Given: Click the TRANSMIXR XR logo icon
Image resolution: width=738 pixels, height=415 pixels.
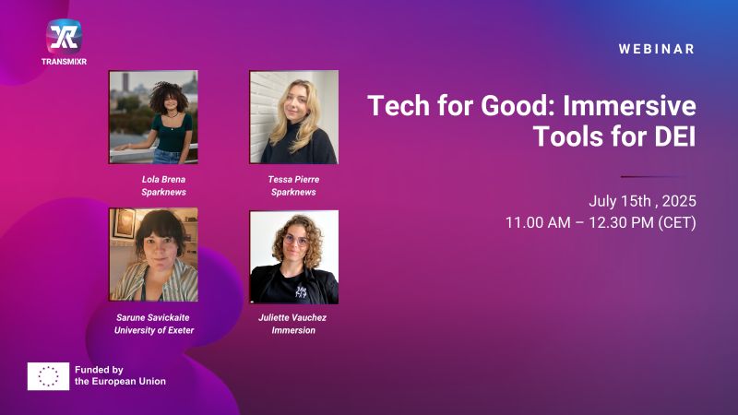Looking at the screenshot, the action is click(x=64, y=36).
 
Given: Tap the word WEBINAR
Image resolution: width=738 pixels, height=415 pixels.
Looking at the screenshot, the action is click(x=657, y=49).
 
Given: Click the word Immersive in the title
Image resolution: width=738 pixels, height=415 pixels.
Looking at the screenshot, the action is click(x=629, y=106).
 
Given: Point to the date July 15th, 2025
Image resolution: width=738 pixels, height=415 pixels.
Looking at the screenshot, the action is click(x=642, y=201).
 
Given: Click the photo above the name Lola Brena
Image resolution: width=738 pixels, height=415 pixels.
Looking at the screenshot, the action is click(x=153, y=117).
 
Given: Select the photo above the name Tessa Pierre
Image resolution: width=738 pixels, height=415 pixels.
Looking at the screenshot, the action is click(x=293, y=117).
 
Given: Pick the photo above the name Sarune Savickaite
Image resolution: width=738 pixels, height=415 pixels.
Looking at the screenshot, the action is click(x=153, y=255).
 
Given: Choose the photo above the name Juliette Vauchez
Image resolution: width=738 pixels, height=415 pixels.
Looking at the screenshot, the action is click(x=293, y=257).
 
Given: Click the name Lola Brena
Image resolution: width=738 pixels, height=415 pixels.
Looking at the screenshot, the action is click(x=164, y=179).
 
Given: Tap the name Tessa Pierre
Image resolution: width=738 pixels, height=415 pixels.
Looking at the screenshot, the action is click(x=293, y=179).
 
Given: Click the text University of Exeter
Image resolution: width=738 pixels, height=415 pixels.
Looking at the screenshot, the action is click(x=154, y=330).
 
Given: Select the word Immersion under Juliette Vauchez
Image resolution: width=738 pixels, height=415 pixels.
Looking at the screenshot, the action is click(x=293, y=330).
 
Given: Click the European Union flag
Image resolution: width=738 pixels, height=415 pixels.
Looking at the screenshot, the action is click(x=49, y=376).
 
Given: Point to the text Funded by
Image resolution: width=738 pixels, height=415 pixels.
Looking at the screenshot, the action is click(x=99, y=370).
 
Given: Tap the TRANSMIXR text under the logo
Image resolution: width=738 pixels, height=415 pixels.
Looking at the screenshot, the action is click(x=64, y=62).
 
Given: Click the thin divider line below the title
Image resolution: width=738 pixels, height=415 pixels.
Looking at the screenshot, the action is click(x=653, y=176).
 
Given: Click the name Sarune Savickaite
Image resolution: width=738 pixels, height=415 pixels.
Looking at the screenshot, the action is click(x=153, y=317).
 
